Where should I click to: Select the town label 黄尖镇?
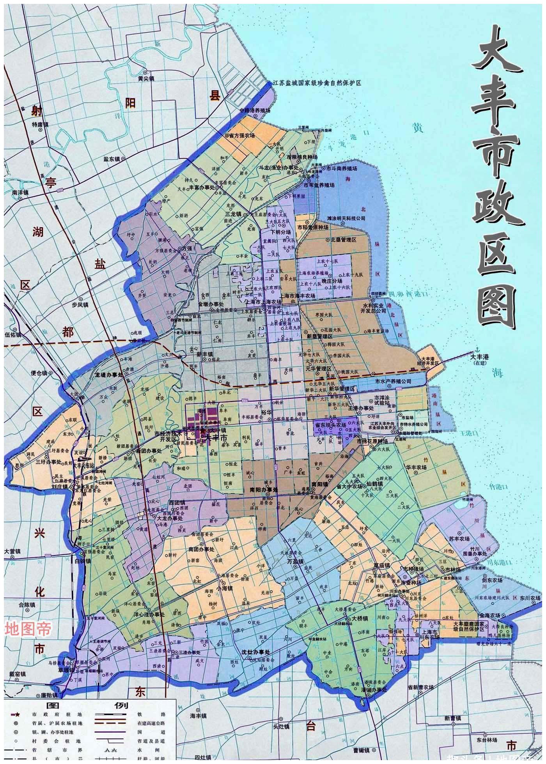[146, 78]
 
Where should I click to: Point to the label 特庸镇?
[40, 125]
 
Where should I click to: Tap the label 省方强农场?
[242, 136]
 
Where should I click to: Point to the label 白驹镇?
[83, 561]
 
